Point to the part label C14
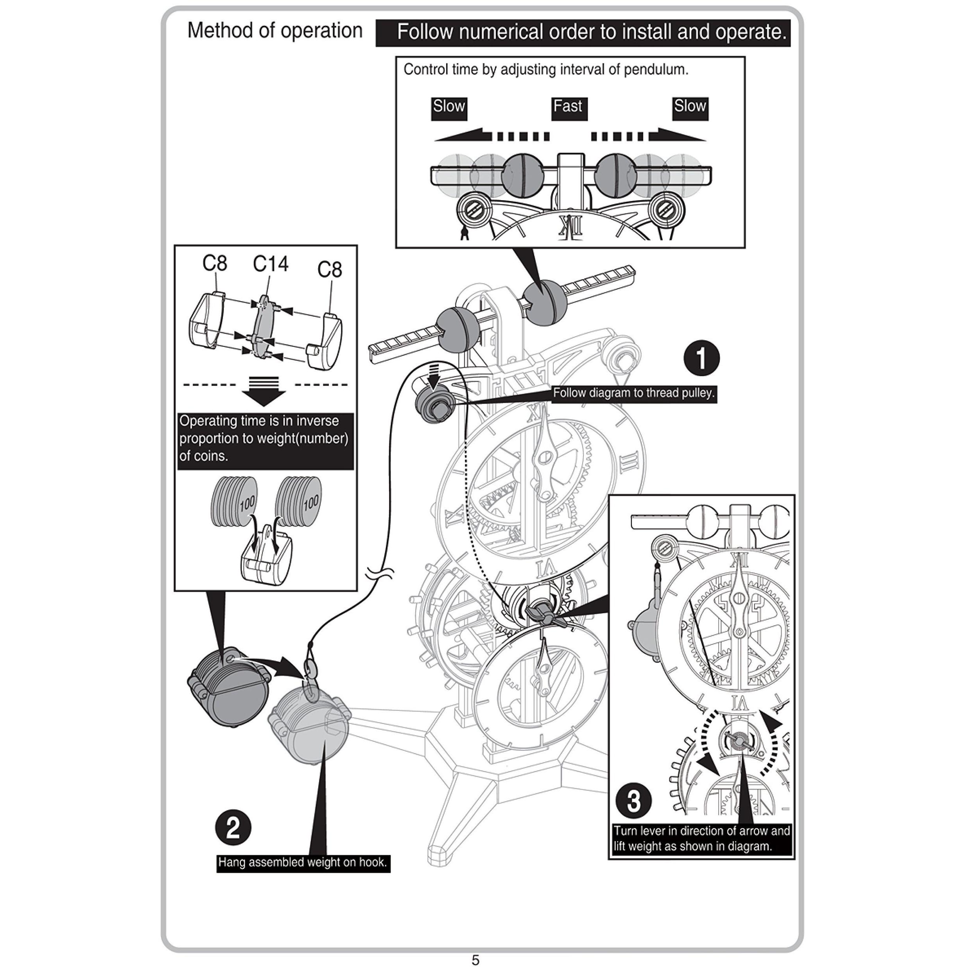click(270, 264)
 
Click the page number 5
click(475, 960)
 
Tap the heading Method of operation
click(275, 30)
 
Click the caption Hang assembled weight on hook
click(303, 862)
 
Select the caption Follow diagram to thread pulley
click(634, 393)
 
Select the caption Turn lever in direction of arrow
click(702, 838)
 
